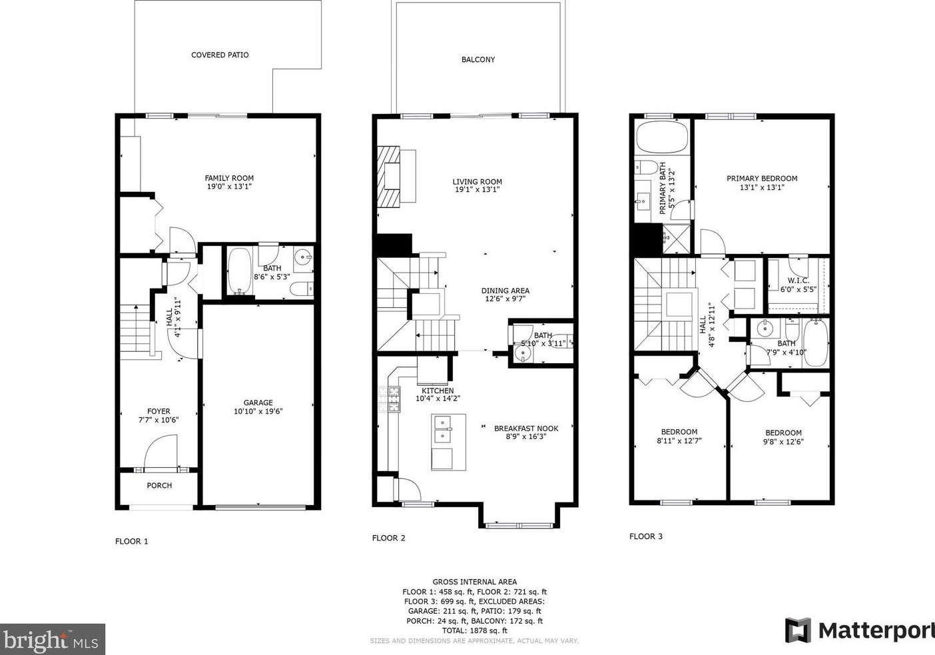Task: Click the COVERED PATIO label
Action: (x=220, y=55)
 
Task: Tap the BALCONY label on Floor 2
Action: (x=478, y=60)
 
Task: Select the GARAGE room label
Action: (x=258, y=402)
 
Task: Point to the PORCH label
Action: (x=159, y=485)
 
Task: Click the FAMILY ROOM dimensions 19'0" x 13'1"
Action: (x=229, y=187)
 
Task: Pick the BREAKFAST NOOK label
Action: (x=526, y=428)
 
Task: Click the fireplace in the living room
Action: (x=389, y=177)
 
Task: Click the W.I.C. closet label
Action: (x=798, y=281)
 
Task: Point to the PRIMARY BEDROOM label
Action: (x=762, y=179)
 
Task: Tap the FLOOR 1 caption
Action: (x=131, y=541)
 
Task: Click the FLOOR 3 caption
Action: (x=646, y=536)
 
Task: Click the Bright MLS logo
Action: (x=52, y=640)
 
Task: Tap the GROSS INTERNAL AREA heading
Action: (x=475, y=582)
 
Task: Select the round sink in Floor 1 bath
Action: (x=302, y=257)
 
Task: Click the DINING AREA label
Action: (x=505, y=291)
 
